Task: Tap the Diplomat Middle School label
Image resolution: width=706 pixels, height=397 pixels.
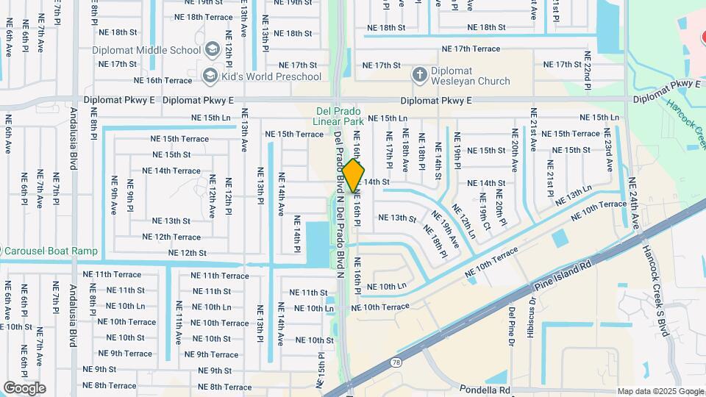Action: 146,50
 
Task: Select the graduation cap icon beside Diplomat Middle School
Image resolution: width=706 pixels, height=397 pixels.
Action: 213,50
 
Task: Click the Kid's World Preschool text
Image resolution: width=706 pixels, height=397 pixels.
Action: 276,76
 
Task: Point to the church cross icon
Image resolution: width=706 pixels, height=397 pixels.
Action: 419,74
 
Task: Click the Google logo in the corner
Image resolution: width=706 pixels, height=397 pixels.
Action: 24,387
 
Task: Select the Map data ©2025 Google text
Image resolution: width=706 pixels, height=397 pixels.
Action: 660,391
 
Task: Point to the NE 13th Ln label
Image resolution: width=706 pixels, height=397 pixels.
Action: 574,196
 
